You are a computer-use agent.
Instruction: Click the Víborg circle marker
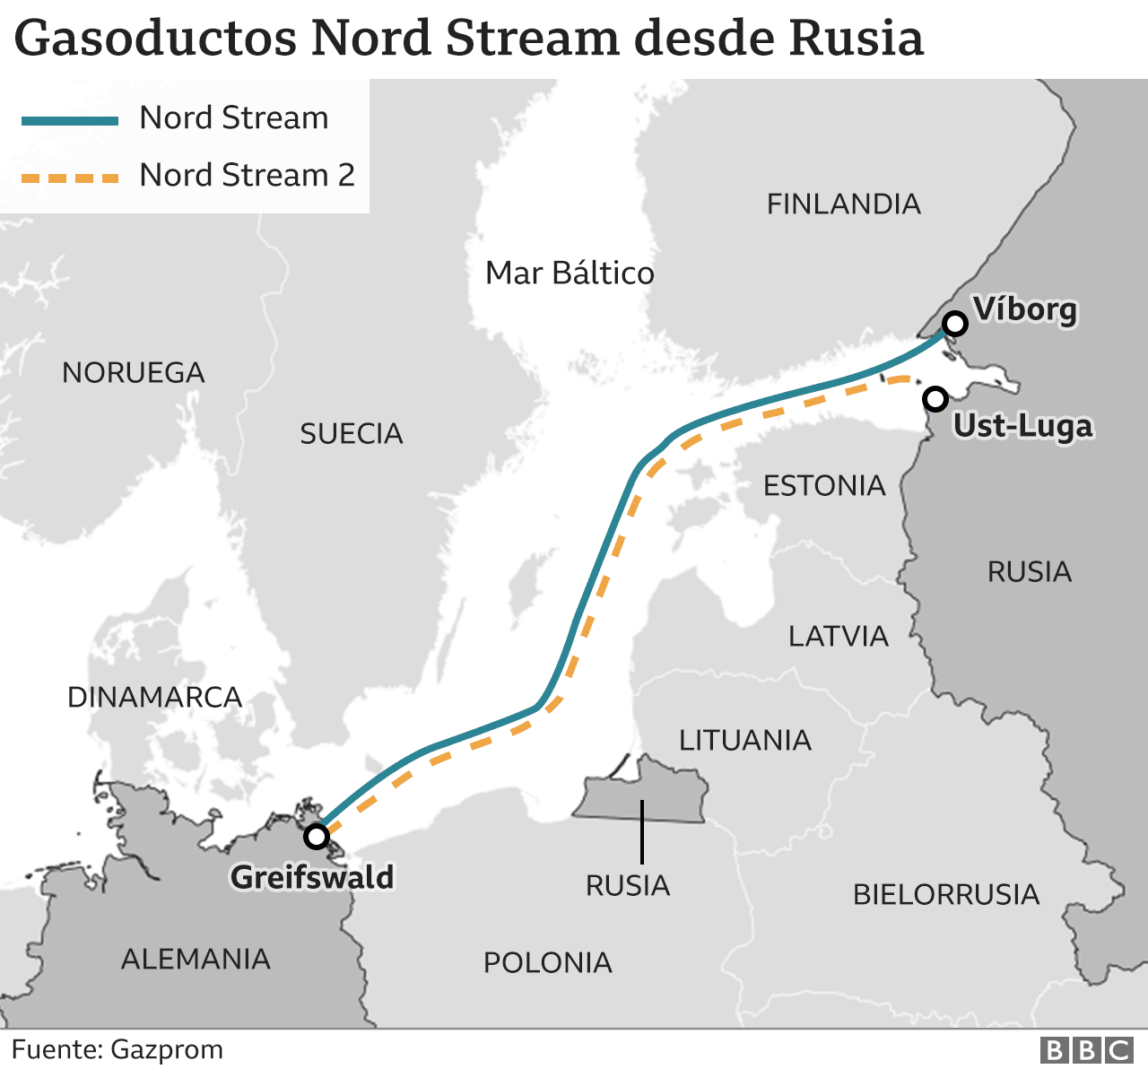[955, 324]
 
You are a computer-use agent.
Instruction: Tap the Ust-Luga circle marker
[935, 398]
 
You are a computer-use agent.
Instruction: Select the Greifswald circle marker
[317, 837]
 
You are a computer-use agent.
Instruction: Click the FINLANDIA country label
[843, 204]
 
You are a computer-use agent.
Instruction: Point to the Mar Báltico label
[570, 273]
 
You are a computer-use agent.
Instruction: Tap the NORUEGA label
[134, 372]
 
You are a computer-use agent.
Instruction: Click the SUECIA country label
[352, 434]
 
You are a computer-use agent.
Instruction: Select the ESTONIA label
[824, 486]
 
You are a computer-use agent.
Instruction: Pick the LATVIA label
[839, 637]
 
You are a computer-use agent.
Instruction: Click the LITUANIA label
[744, 741]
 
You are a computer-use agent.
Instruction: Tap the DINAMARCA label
[154, 698]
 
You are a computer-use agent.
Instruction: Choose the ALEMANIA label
[196, 960]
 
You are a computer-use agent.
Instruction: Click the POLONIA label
[547, 963]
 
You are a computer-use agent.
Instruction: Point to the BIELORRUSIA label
[946, 895]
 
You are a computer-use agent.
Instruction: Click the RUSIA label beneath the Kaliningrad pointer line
[628, 886]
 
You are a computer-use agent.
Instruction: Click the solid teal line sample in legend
[70, 120]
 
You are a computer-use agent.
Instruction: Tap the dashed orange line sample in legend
[70, 178]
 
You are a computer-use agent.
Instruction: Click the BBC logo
[1086, 1050]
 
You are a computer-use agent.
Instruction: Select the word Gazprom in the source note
[167, 1049]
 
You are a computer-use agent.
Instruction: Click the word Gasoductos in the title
[156, 39]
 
